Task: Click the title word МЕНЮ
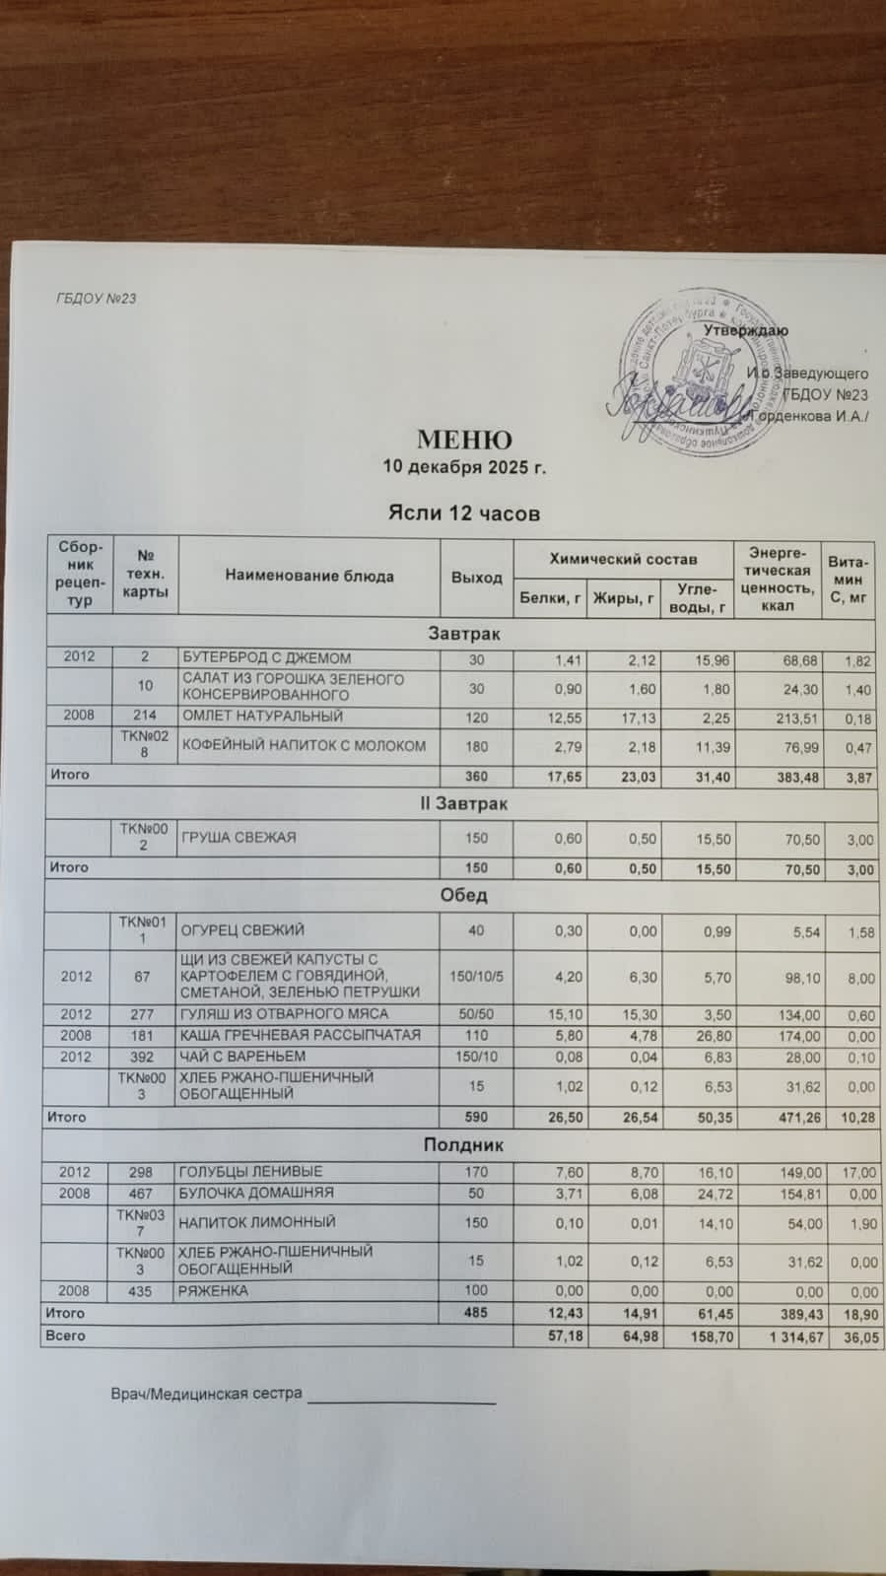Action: pyautogui.click(x=463, y=440)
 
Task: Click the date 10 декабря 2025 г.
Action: pyautogui.click(x=463, y=467)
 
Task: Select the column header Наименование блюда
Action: pyautogui.click(x=309, y=577)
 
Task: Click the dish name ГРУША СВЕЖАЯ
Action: pyautogui.click(x=238, y=838)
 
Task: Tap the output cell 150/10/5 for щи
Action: pyautogui.click(x=476, y=976)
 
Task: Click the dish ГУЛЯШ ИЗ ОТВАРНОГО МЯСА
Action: pyautogui.click(x=283, y=1014)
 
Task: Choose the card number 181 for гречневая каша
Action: pyautogui.click(x=145, y=1035)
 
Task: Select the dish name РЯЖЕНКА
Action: pyautogui.click(x=214, y=1291)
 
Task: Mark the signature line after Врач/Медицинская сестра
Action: pyautogui.click(x=401, y=1398)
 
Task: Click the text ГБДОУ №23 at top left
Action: pyautogui.click(x=96, y=298)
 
